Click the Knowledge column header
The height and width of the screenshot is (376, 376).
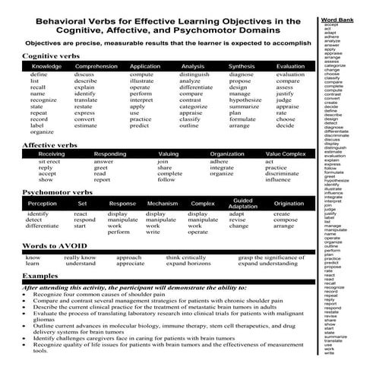(x=46, y=67)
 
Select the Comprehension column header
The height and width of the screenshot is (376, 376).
(x=96, y=67)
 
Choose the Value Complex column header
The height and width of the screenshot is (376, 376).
(x=285, y=153)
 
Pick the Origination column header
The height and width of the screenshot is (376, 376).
(x=289, y=204)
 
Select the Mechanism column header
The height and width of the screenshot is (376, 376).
(x=162, y=204)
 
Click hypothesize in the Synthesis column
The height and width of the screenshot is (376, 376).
(x=245, y=100)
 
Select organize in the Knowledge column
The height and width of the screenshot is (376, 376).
(x=43, y=132)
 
